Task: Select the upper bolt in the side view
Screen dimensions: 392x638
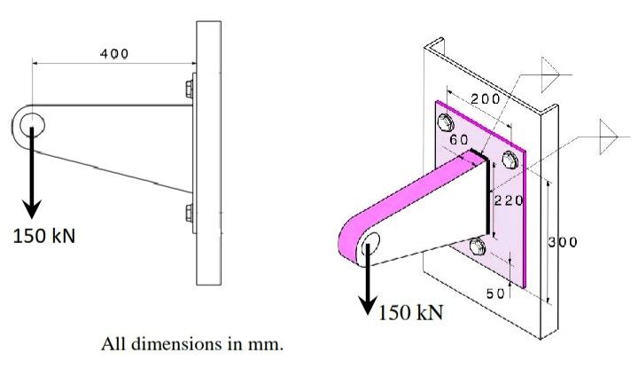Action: [189, 88]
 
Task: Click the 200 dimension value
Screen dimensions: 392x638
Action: [485, 98]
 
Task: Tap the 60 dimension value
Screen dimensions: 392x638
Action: [459, 140]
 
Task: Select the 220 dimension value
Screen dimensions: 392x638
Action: [509, 200]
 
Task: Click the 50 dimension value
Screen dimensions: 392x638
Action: [496, 292]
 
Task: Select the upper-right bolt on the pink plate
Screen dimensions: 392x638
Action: [509, 161]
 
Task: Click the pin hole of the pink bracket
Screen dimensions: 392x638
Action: [370, 244]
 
